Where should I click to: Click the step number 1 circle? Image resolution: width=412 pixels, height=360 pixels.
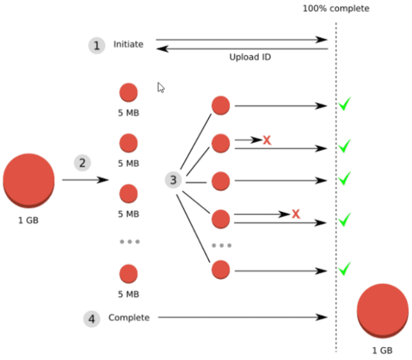96,45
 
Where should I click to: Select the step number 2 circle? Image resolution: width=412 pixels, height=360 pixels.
82,163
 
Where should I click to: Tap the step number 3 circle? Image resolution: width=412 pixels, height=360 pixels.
173,180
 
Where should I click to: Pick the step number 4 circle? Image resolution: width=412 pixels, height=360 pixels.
92,319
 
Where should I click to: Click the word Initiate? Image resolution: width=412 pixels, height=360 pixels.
128,45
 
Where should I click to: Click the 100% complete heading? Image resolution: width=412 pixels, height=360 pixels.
335,9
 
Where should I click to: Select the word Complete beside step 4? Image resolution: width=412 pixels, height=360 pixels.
129,317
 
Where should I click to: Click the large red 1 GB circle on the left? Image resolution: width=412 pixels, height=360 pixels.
29,180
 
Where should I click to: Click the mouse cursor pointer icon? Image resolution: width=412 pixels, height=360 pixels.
161,87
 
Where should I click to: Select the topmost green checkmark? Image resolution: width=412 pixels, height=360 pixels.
344,104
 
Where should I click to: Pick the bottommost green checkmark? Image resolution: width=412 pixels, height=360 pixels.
344,269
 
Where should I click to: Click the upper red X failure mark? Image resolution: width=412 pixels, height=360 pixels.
267,140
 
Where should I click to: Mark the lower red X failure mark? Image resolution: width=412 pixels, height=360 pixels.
296,214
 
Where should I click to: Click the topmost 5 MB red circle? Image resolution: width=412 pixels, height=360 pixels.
128,93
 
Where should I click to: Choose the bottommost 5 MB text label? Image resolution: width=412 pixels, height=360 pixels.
128,294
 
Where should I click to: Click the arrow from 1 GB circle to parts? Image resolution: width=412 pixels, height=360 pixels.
85,180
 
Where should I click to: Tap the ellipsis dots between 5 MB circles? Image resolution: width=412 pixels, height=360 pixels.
129,242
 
